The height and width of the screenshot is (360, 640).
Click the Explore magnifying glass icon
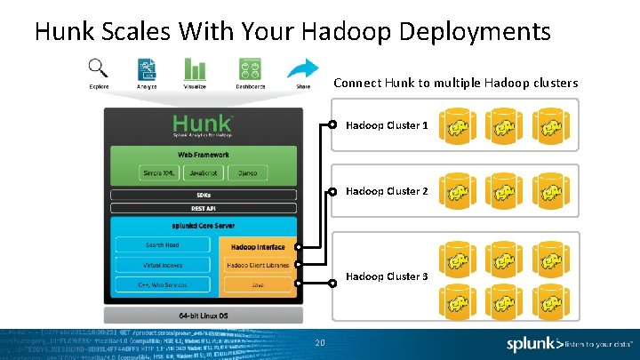99,68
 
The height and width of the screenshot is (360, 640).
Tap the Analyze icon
148,68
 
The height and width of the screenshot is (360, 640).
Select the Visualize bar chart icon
195,68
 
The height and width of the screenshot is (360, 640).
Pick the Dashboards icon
250,68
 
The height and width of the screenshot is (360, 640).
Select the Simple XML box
159,172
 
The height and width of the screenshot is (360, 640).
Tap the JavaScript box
204,172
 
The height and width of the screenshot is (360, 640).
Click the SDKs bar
204,196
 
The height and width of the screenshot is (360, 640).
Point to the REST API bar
204,209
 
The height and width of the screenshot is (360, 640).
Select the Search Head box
162,245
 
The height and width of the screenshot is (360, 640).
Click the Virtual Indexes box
162,265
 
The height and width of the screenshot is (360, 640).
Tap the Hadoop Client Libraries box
258,265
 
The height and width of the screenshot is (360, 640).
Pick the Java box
258,285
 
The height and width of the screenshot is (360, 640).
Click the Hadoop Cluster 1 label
387,125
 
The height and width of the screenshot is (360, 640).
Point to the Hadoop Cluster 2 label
387,191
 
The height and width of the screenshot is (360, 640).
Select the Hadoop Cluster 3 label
387,276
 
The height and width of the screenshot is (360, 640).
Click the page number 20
318,343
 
